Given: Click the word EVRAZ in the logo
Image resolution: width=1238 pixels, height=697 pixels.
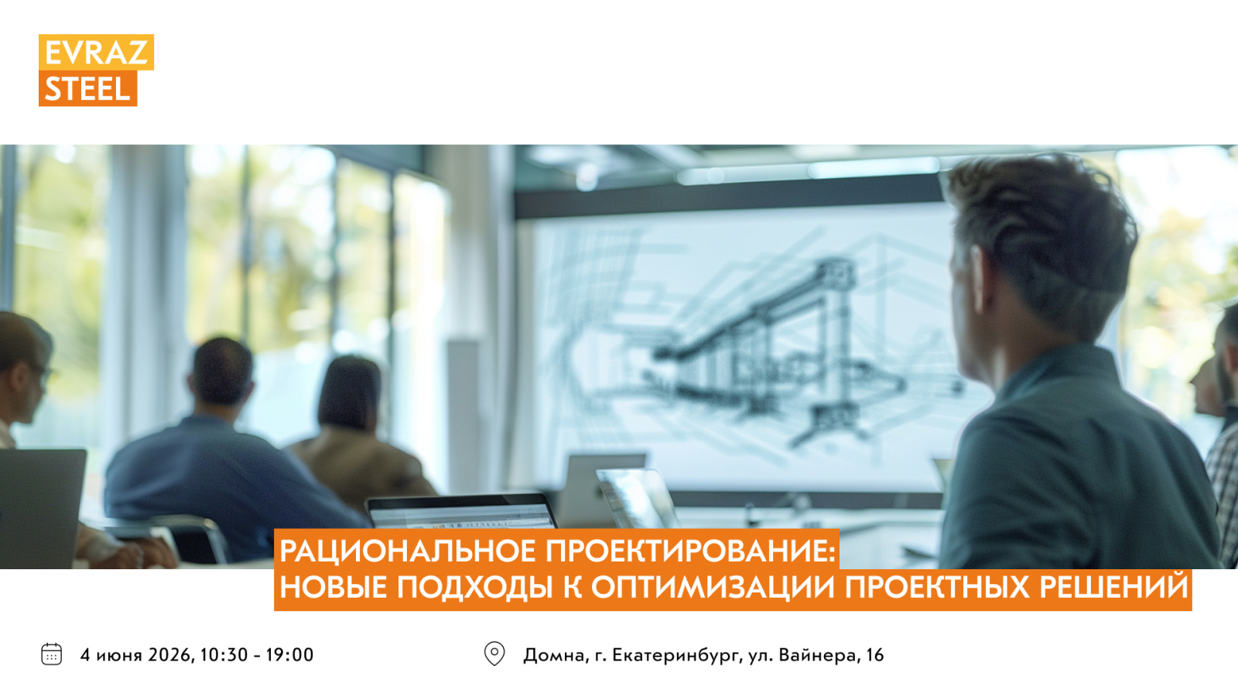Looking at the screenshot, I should click(x=96, y=53).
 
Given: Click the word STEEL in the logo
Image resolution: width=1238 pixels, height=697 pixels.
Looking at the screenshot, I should click(x=87, y=89).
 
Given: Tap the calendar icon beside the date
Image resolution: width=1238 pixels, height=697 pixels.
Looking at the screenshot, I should click(x=51, y=654).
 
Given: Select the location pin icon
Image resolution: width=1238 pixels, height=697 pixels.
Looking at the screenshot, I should click(x=494, y=654).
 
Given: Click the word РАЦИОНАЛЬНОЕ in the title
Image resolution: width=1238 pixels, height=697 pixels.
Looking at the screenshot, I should click(x=408, y=551).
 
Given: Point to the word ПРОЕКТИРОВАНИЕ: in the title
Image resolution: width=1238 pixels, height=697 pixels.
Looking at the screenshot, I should click(x=691, y=551).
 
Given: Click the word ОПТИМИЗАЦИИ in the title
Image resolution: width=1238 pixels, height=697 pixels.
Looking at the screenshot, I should click(x=713, y=588).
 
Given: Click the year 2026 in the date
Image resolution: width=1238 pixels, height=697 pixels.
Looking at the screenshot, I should click(x=170, y=655).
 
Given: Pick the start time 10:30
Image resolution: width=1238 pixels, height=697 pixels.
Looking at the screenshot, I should click(x=224, y=655).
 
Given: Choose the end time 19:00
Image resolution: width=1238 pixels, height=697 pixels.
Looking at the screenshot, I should click(x=290, y=655).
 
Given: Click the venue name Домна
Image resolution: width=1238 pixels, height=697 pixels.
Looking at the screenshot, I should click(x=554, y=655).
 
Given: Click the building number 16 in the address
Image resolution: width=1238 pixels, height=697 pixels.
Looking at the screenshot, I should click(x=875, y=655).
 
